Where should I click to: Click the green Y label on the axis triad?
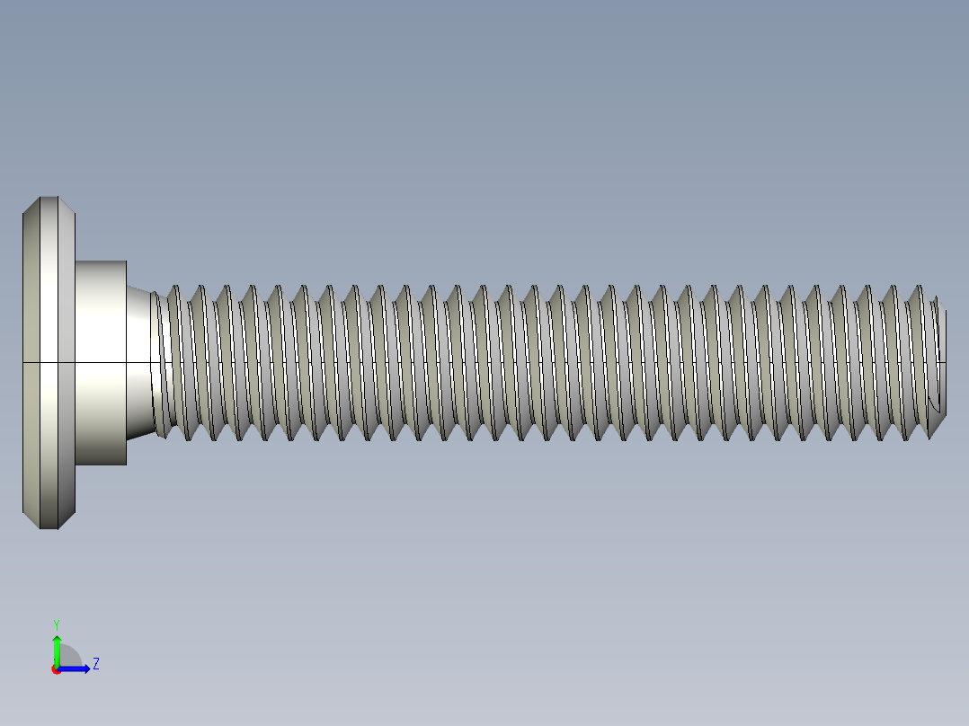tap(56, 624)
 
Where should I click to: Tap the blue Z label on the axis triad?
tap(96, 664)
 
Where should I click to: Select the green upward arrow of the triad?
tap(57, 647)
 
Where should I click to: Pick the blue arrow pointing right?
tap(78, 668)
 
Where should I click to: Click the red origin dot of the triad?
tap(56, 669)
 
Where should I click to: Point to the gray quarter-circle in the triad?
tap(69, 658)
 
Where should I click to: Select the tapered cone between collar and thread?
tap(138, 359)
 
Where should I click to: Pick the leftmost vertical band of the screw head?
tap(31, 359)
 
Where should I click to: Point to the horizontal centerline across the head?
tap(45, 362)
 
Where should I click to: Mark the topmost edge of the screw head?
tap(49, 197)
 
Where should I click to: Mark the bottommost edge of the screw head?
tap(49, 528)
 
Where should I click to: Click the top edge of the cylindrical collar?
tap(101, 261)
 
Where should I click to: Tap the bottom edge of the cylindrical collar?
tap(101, 465)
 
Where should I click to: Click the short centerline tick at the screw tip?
tap(942, 362)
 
